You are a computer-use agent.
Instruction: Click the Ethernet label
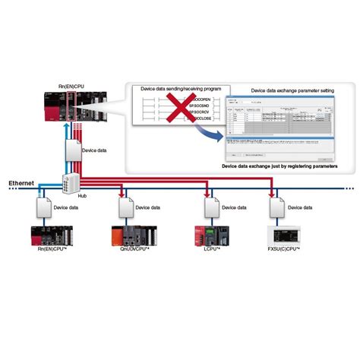click(x=24, y=184)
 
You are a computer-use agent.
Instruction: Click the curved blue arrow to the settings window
click(x=201, y=133)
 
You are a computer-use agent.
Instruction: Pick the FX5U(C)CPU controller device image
click(x=281, y=232)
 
